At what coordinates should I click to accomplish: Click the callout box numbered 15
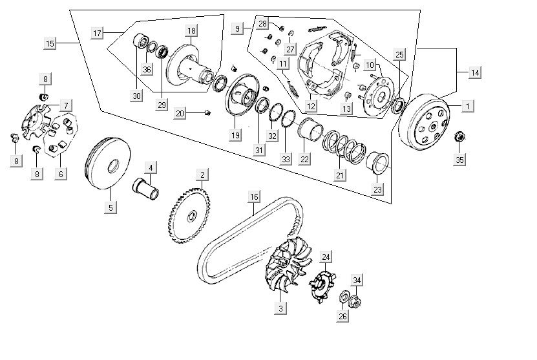click(50, 43)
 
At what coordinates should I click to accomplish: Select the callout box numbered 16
click(254, 196)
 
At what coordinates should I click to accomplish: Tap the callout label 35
click(459, 160)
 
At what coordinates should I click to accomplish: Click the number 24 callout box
click(326, 257)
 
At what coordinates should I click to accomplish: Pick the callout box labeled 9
click(238, 28)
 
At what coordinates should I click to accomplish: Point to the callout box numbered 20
click(180, 113)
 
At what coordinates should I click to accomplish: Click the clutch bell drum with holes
click(424, 122)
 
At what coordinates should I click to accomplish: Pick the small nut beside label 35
click(461, 136)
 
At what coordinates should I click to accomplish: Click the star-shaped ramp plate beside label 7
click(39, 122)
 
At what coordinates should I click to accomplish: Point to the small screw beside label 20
click(207, 112)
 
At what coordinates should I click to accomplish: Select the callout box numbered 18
click(191, 31)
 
